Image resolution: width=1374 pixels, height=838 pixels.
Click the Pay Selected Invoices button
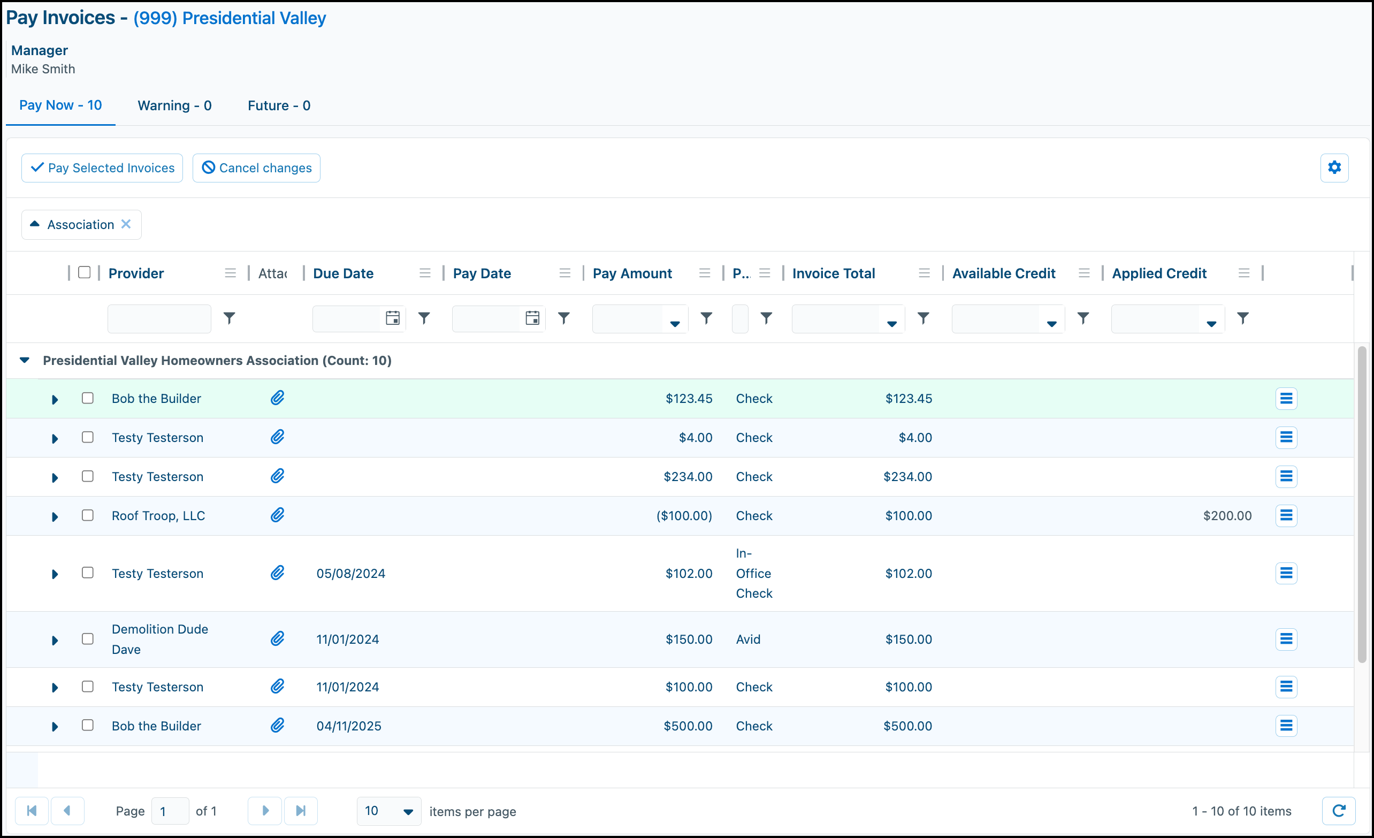point(102,168)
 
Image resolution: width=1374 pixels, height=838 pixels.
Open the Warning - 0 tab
point(174,105)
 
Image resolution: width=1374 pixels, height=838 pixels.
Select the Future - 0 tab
point(279,105)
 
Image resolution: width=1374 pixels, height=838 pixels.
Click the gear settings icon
point(1334,168)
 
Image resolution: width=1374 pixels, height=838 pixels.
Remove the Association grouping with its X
point(126,224)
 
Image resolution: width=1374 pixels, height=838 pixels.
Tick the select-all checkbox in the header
point(84,272)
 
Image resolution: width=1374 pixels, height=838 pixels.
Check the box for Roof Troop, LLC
point(88,515)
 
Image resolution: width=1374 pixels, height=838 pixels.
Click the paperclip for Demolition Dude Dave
point(277,638)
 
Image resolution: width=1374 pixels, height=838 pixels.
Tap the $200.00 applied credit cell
point(1227,516)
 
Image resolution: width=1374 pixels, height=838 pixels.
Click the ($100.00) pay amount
point(684,516)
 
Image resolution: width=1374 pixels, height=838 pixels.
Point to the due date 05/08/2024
point(351,574)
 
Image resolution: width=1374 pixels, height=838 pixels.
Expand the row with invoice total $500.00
point(55,727)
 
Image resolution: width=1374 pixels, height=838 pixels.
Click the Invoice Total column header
point(834,273)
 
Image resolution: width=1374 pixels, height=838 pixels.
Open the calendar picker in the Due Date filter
point(393,318)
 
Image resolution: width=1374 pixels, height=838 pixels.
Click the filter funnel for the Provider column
point(229,318)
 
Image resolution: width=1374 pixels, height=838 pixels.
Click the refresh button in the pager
point(1339,811)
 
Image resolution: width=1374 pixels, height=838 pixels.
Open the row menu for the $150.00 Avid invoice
point(1286,639)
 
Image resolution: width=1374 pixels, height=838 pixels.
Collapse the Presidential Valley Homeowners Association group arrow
point(25,360)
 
